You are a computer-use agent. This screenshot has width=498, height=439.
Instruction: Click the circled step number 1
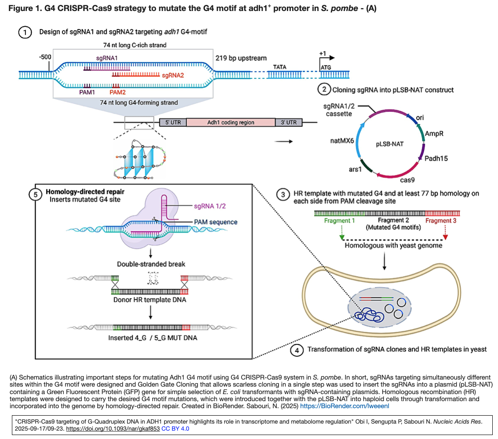[x=25, y=33]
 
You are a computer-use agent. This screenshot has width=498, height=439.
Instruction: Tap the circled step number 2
[x=325, y=90]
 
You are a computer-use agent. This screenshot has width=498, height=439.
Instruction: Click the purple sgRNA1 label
[x=107, y=58]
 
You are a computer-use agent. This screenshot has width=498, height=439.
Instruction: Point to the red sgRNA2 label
[x=173, y=75]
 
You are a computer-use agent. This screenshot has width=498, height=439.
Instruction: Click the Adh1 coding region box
[x=231, y=122]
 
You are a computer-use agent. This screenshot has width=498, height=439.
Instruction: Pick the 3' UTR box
[x=289, y=122]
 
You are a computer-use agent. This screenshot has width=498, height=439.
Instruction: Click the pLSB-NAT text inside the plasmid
[x=389, y=144]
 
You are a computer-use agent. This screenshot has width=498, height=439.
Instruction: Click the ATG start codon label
[x=326, y=67]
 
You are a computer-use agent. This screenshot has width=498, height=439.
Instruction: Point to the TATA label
[x=279, y=67]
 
